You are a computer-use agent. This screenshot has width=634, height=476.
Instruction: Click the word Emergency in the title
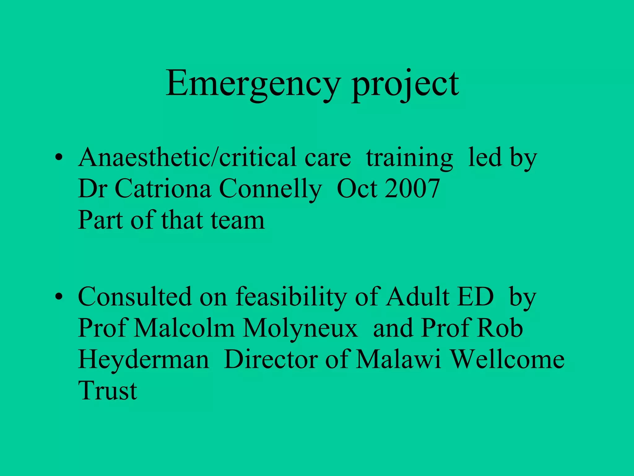click(253, 84)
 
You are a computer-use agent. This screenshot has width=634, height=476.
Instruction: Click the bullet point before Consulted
click(58, 297)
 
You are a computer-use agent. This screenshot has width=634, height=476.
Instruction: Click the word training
click(409, 158)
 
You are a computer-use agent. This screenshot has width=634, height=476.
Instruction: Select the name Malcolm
click(185, 328)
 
